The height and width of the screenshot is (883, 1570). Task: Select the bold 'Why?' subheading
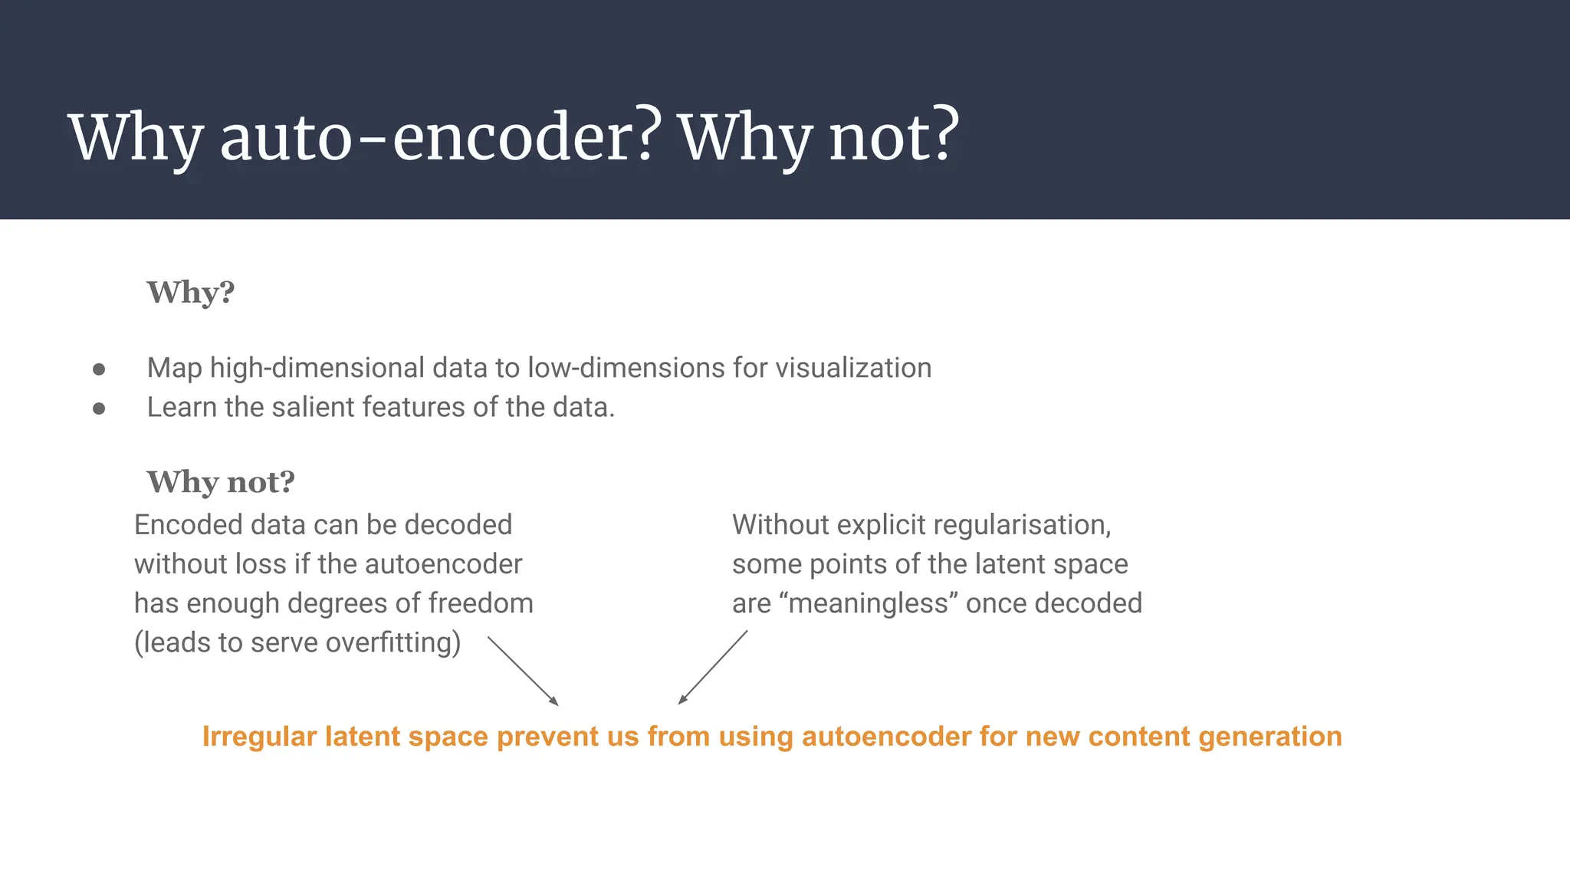[190, 293]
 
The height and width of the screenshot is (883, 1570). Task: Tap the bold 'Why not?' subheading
[221, 482]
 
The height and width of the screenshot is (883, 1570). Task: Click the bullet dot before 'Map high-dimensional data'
[99, 369]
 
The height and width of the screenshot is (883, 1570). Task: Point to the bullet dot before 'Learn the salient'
[99, 409]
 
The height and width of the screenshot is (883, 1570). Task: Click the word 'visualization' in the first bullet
[852, 368]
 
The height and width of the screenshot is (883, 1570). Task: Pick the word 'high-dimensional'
[317, 368]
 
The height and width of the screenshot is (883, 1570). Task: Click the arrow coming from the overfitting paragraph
[523, 670]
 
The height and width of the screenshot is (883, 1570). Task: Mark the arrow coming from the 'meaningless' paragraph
[713, 667]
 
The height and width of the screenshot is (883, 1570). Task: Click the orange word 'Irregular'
[259, 737]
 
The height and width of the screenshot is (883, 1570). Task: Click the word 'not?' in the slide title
[894, 138]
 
